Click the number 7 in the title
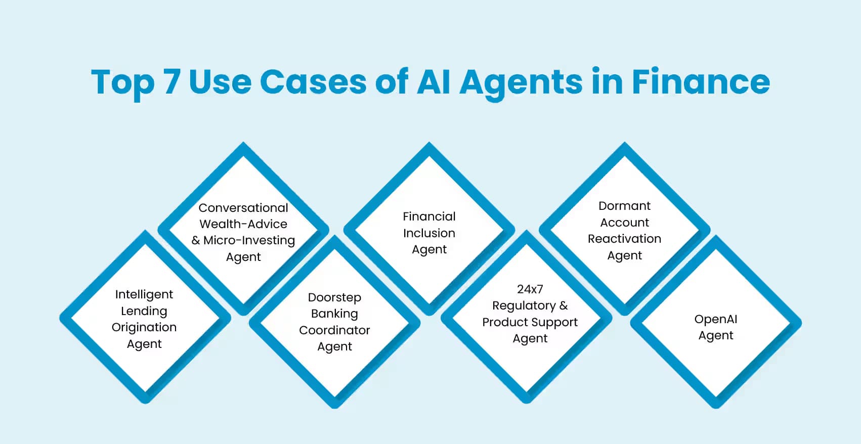click(x=171, y=81)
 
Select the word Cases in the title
click(x=313, y=81)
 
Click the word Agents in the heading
click(x=521, y=82)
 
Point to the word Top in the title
click(x=122, y=82)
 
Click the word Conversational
click(x=243, y=208)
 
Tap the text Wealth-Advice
click(x=243, y=224)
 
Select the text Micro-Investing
click(x=249, y=240)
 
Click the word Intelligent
click(x=144, y=294)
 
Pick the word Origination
click(x=144, y=327)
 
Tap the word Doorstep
click(x=334, y=297)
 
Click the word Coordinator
click(x=334, y=330)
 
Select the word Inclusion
click(x=429, y=233)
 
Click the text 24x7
click(x=530, y=289)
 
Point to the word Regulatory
click(x=524, y=306)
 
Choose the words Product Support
click(x=530, y=322)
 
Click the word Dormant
click(x=624, y=206)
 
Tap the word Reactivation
click(x=624, y=239)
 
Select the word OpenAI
click(x=715, y=319)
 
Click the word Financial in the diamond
click(x=429, y=216)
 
